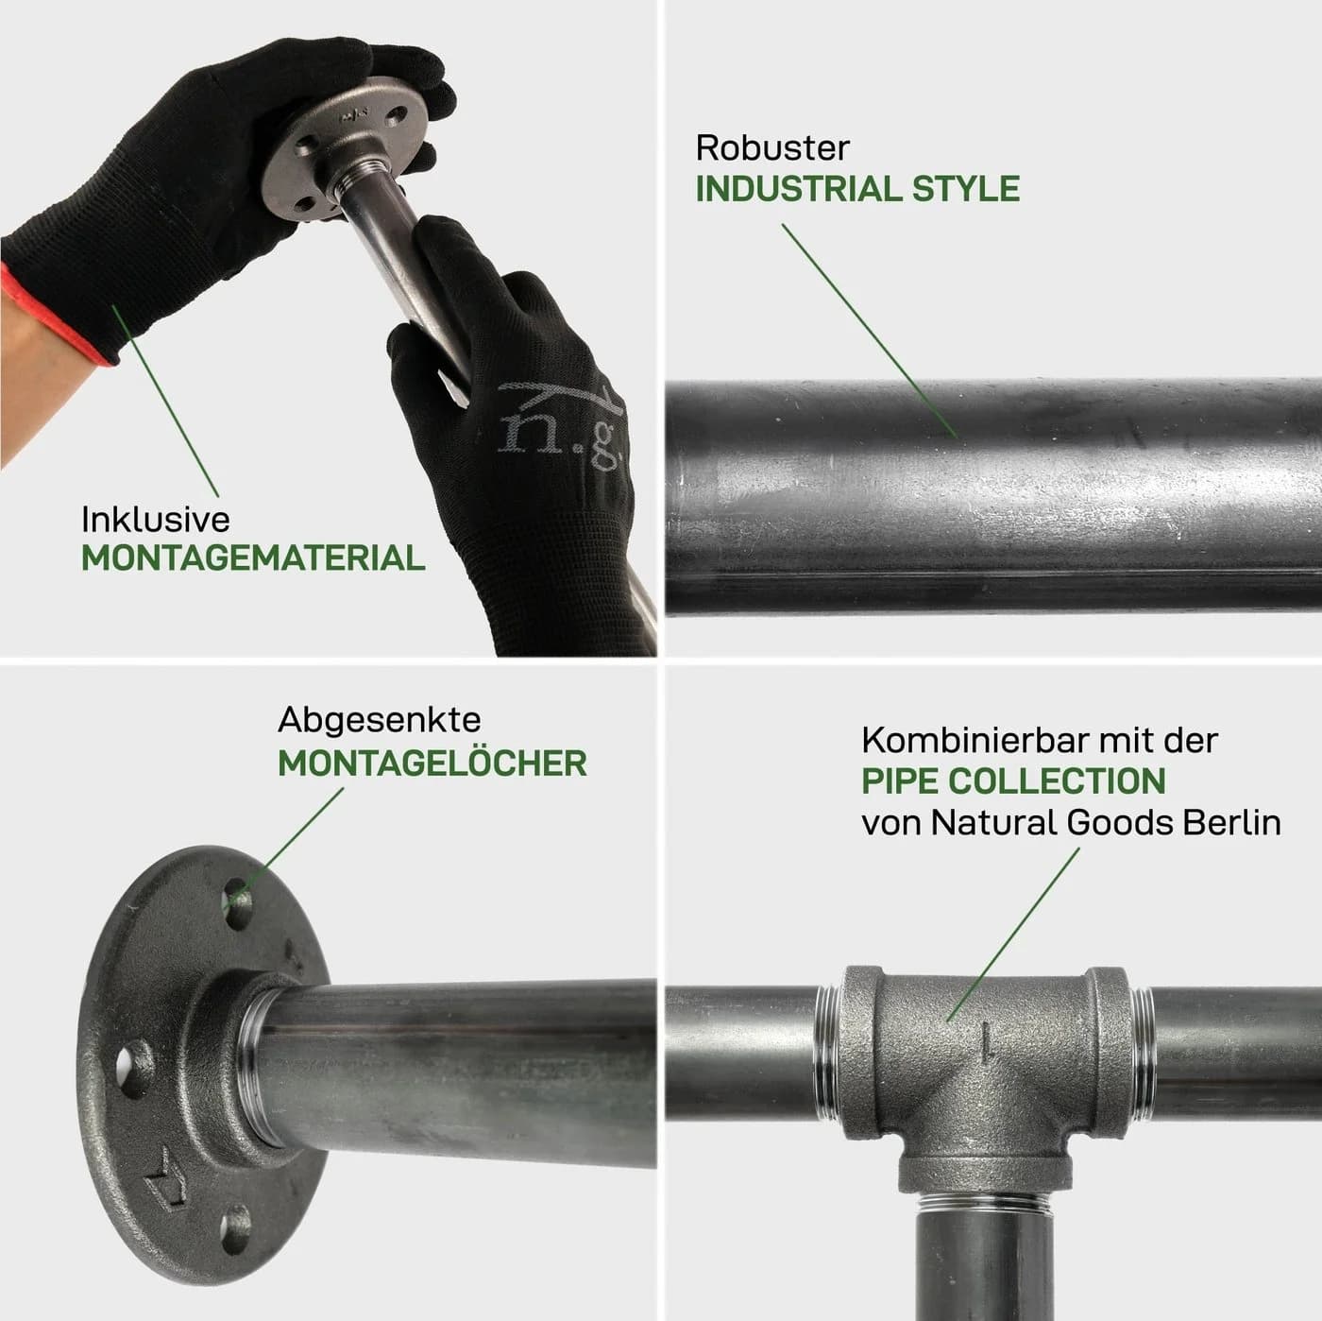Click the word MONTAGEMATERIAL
[253, 558]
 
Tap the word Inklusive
[155, 519]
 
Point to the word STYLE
[965, 189]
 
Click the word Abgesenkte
[380, 721]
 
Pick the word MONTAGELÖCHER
[432, 763]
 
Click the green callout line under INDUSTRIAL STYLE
[870, 331]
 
